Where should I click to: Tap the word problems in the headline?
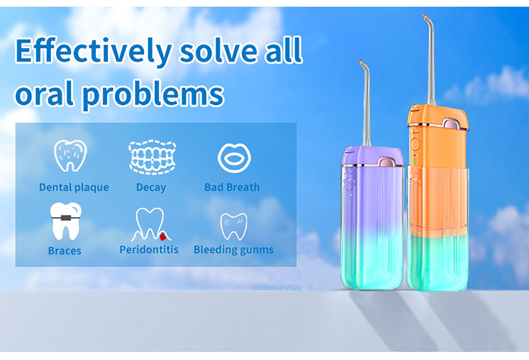[153, 94]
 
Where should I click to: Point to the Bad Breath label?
[232, 187]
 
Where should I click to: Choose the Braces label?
[65, 251]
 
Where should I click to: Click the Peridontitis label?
[149, 250]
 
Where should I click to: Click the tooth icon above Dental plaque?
[71, 155]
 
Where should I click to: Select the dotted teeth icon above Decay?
[153, 157]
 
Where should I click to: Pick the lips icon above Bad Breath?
[234, 158]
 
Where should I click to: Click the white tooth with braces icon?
[66, 221]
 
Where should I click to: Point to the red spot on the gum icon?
[163, 236]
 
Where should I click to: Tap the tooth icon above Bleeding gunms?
[234, 226]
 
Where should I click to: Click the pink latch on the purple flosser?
[387, 163]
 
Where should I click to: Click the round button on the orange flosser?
[415, 143]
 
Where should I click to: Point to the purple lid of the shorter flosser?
[373, 156]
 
